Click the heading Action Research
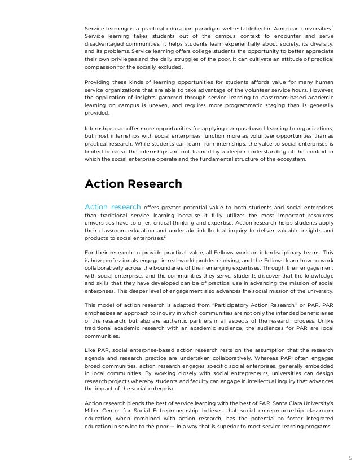tap(133, 184)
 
